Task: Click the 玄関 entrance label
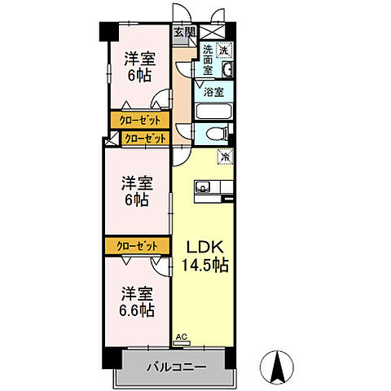(184, 33)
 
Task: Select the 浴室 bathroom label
(213, 92)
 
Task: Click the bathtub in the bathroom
(213, 109)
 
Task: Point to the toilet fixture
(217, 135)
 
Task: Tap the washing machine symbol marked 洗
(225, 49)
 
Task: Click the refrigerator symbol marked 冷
(224, 155)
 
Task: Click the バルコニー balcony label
(176, 367)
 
